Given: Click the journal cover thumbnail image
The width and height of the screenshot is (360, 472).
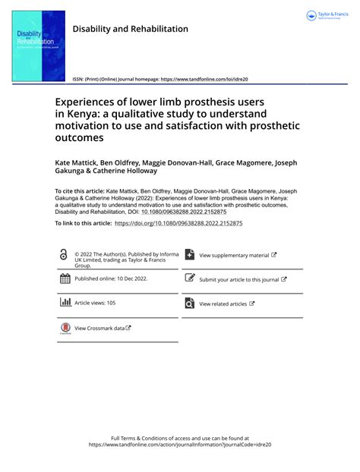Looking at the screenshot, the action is tap(39, 46).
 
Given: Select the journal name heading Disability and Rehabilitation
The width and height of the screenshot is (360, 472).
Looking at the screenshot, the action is tap(130, 29).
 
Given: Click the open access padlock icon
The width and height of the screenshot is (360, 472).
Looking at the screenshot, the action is tap(63, 256).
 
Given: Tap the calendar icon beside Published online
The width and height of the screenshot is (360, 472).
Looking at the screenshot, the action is tap(65, 278).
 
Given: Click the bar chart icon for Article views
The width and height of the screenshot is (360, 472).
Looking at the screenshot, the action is tap(65, 302).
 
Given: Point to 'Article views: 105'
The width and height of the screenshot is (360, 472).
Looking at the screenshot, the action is tap(95, 303).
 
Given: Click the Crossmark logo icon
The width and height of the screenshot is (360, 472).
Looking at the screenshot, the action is tap(65, 328).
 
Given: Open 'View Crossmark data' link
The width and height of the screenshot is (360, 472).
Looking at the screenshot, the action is tap(103, 328).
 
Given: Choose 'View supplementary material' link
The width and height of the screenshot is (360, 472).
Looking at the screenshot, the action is tap(238, 256).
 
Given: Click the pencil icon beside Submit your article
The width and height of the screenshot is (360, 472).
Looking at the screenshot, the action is tap(190, 278).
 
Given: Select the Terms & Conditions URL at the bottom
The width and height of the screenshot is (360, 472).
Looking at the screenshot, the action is tap(180, 445).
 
